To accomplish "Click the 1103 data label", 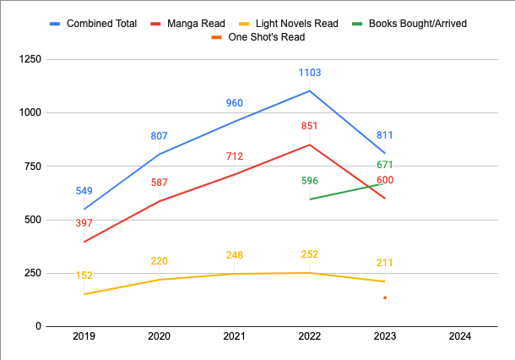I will click(309, 74).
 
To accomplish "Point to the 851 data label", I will click(309, 127).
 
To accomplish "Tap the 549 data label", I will click(84, 191).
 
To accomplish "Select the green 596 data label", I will click(309, 181).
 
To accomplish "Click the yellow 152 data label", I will click(84, 275).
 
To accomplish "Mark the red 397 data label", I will click(84, 223).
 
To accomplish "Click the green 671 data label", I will click(385, 164).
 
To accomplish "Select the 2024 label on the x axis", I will click(460, 337).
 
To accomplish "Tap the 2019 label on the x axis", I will click(84, 337).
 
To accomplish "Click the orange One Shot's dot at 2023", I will click(385, 297).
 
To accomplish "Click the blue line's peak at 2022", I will click(310, 90).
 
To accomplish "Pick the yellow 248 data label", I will click(235, 255).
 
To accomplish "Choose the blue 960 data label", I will click(235, 104).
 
